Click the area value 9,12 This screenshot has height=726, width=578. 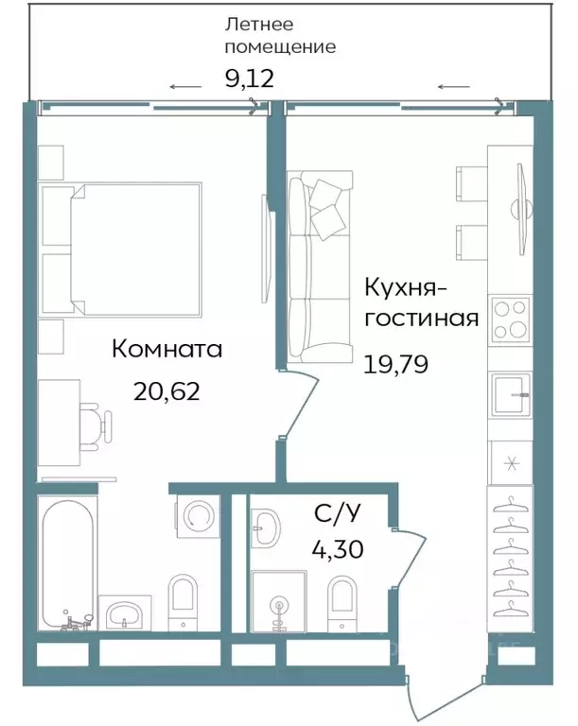coord(249,79)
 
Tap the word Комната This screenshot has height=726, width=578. coord(166,349)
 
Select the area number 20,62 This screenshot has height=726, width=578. coord(166,391)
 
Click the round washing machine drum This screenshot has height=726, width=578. coord(199,516)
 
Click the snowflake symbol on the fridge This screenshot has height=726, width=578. coord(510,462)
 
